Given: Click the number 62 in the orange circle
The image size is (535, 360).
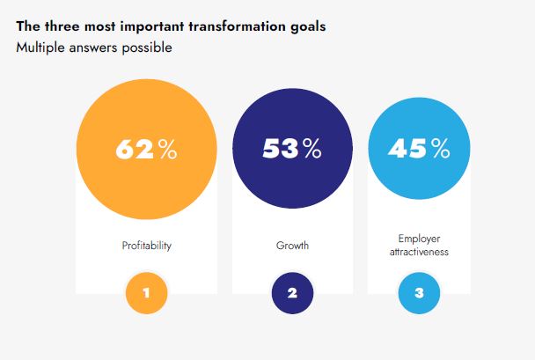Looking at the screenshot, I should pyautogui.click(x=135, y=150).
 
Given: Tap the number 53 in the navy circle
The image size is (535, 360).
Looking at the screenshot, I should pyautogui.click(x=281, y=149).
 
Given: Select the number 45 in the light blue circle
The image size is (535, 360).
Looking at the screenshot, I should pyautogui.click(x=409, y=149).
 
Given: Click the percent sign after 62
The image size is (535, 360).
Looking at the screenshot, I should pyautogui.click(x=167, y=150).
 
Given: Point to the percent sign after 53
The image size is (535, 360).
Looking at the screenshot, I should pyautogui.click(x=311, y=149).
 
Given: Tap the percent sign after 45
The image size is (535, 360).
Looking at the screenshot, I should pyautogui.click(x=440, y=149).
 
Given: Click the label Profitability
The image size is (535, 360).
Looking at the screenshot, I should pyautogui.click(x=146, y=246).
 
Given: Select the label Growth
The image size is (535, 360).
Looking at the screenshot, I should pyautogui.click(x=292, y=246).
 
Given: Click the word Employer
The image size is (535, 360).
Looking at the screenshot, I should pyautogui.click(x=419, y=239).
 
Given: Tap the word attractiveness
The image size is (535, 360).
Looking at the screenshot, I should pyautogui.click(x=419, y=252).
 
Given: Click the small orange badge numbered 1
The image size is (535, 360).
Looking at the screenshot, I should pyautogui.click(x=147, y=293).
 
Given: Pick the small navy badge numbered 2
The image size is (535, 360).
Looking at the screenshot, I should pyautogui.click(x=292, y=293).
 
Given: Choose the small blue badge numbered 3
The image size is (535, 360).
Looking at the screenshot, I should pyautogui.click(x=419, y=293).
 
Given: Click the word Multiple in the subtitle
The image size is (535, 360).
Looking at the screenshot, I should pyautogui.click(x=40, y=47).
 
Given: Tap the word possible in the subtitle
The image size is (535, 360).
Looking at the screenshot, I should pyautogui.click(x=148, y=47).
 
